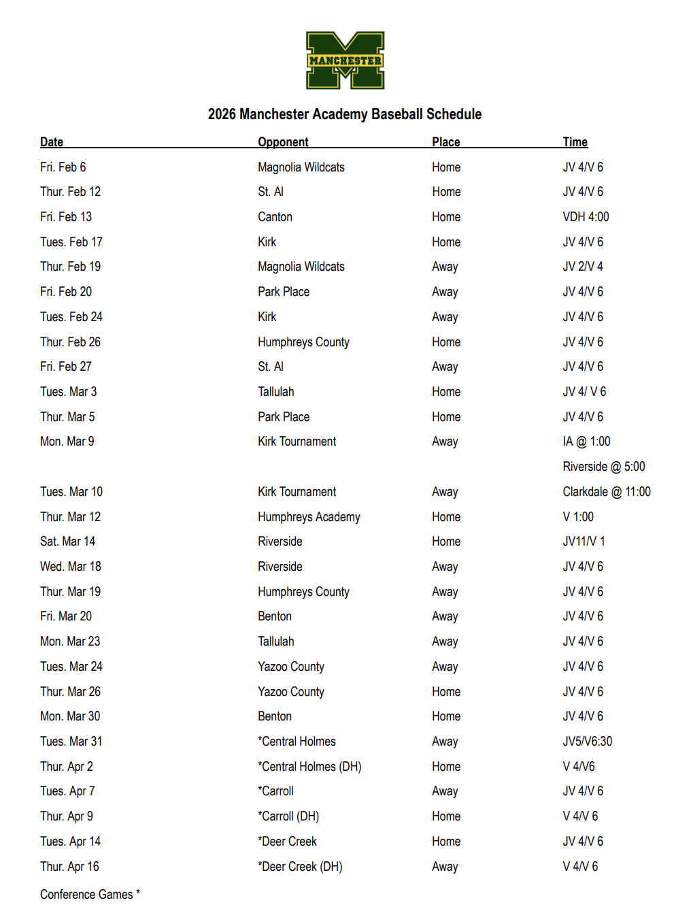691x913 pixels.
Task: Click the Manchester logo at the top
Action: point(345,60)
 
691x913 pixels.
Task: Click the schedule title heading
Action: point(345,114)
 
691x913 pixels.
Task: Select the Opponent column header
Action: point(283,142)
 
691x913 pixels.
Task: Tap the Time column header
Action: point(575,142)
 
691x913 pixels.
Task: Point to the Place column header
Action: point(445,142)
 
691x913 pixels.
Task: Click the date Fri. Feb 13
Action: point(66,217)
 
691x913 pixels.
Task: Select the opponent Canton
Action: point(275,217)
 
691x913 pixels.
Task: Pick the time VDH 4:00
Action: point(586,217)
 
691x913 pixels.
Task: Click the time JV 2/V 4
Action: point(582,267)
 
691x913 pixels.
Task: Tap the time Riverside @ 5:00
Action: point(603,467)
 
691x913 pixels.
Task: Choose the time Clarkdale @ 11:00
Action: point(606,492)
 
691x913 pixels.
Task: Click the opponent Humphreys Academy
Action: point(309,517)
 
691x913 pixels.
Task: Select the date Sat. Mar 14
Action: point(67,542)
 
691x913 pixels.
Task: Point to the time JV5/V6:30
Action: point(587,742)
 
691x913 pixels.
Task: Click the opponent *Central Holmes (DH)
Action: point(309,767)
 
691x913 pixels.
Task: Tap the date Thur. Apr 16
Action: point(69,867)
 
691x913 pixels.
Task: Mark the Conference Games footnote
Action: point(90,895)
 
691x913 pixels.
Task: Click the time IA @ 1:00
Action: point(586,442)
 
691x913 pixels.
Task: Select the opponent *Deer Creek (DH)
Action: point(300,867)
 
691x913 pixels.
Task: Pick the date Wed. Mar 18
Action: point(70,567)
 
